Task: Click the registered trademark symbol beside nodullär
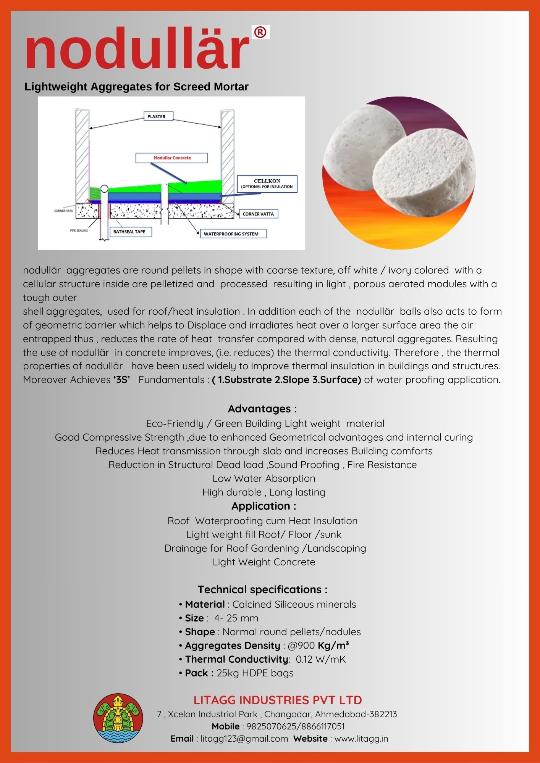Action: tap(260, 32)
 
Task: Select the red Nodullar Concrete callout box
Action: tap(172, 158)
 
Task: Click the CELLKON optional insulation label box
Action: tap(267, 184)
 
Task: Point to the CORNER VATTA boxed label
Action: tap(258, 214)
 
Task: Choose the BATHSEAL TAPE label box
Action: tap(129, 232)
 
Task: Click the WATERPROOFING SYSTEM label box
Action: tap(231, 234)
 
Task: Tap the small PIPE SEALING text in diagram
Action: tap(79, 230)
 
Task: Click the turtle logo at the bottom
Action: tap(118, 718)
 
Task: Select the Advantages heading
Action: tap(262, 409)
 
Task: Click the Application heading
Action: tap(264, 506)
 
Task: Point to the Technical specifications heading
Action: tap(262, 590)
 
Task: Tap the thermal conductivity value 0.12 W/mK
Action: tap(321, 659)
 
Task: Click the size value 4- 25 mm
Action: tap(236, 618)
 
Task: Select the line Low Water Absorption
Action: tap(264, 479)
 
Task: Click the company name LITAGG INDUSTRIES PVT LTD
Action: tap(278, 700)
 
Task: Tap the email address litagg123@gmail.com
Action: tap(244, 739)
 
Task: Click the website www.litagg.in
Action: tap(361, 739)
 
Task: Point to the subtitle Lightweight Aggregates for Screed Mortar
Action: tap(136, 87)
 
